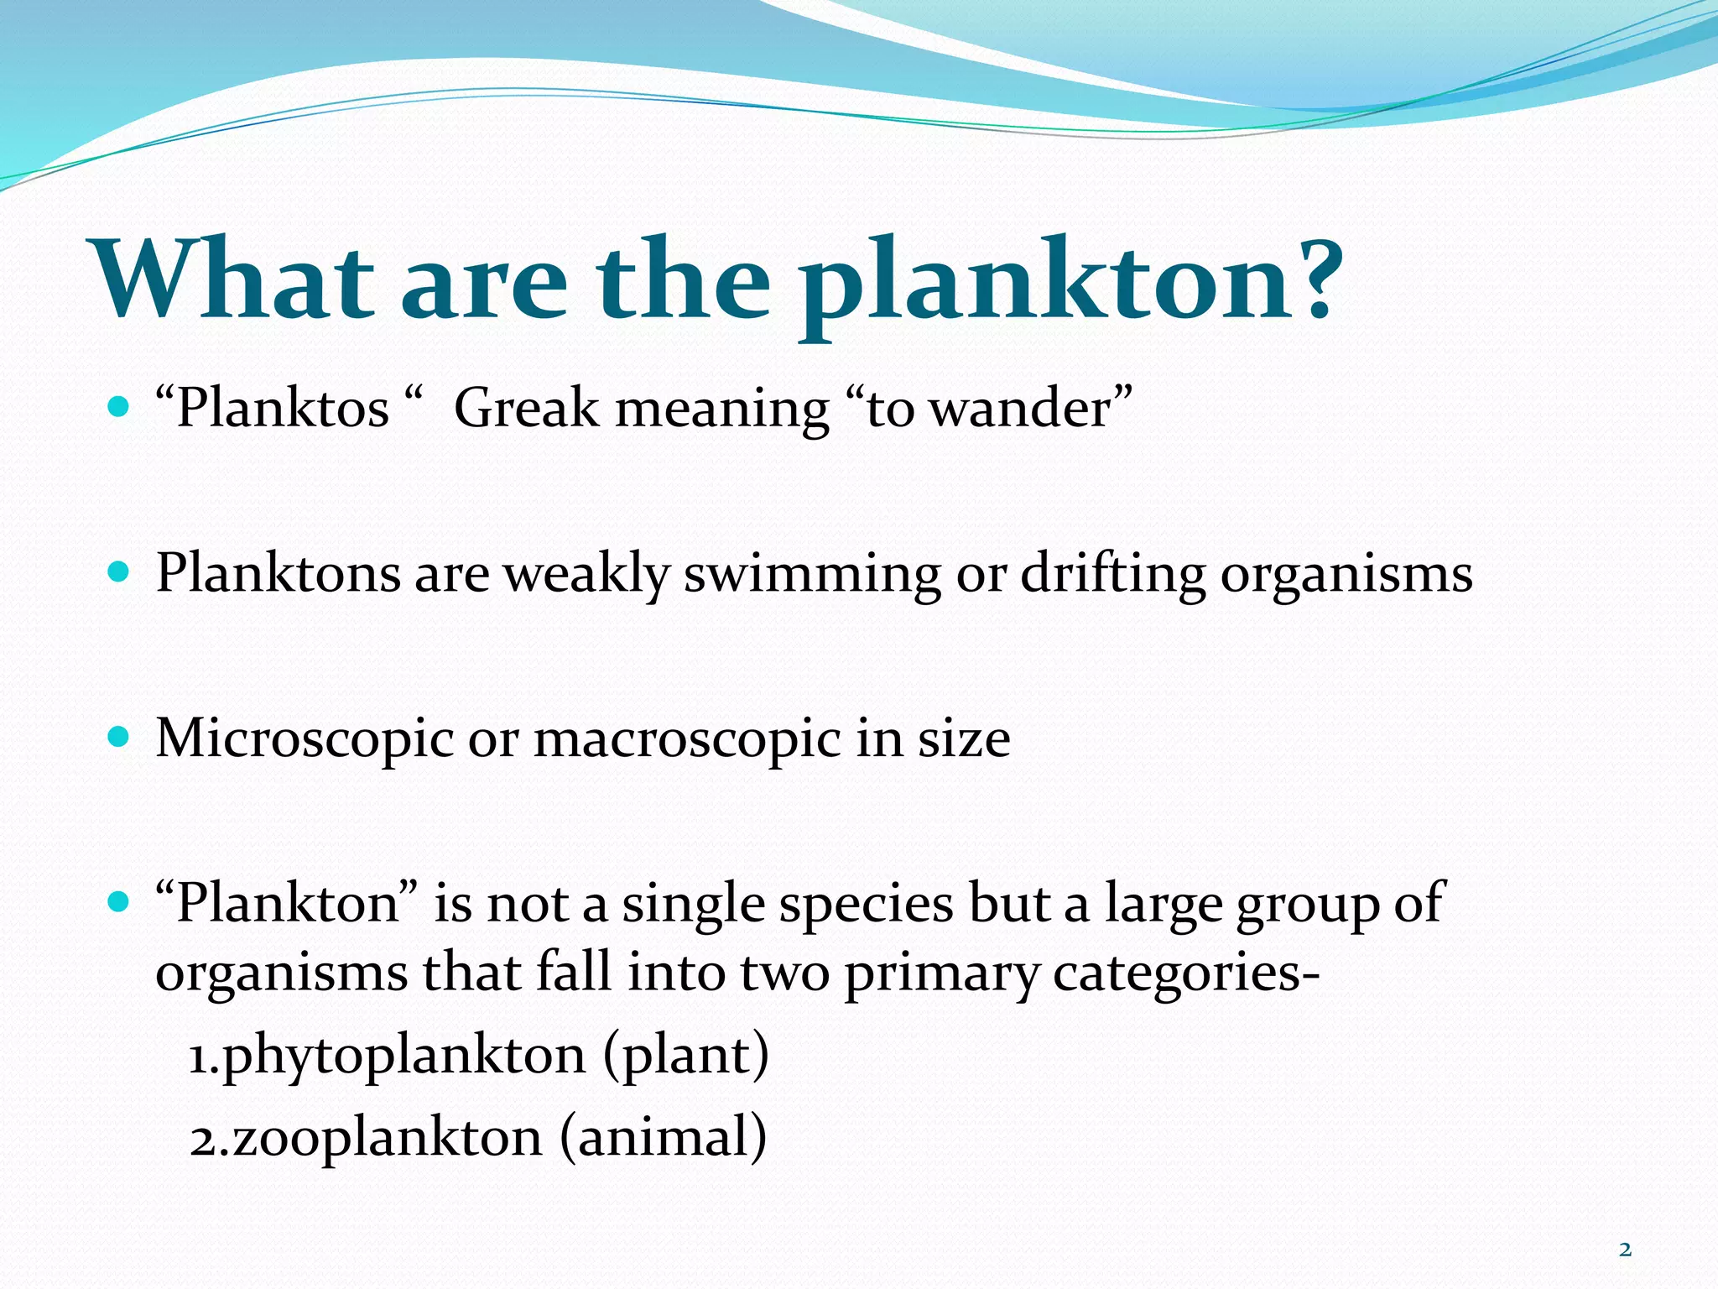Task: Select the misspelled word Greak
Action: click(x=527, y=409)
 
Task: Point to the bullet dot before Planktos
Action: click(x=119, y=409)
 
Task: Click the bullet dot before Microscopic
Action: click(x=119, y=738)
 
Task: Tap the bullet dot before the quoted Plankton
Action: click(x=119, y=903)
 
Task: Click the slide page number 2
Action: click(x=1625, y=1250)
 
